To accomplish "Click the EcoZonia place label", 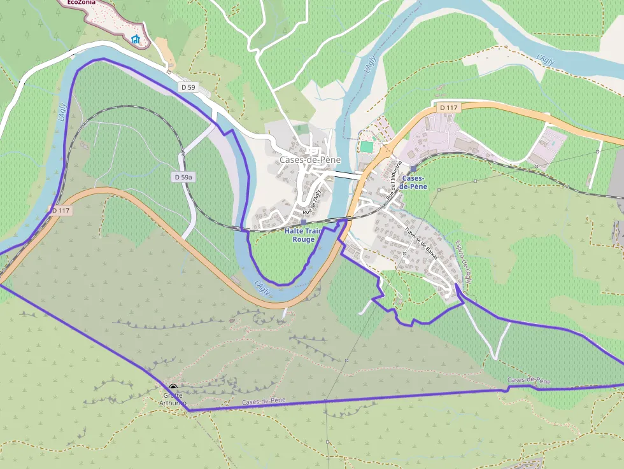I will [82, 3].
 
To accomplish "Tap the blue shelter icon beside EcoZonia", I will [135, 39].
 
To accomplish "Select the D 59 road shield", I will [188, 87].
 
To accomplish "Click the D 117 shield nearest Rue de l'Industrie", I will [449, 108].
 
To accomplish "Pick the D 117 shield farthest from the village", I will [60, 210].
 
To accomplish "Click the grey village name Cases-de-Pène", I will [310, 160].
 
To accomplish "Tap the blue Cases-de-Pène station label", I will [414, 183].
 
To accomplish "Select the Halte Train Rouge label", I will [304, 235].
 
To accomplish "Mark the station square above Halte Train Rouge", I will [303, 222].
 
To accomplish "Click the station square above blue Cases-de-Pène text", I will [413, 169].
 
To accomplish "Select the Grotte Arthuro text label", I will [173, 399].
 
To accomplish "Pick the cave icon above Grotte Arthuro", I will [173, 386].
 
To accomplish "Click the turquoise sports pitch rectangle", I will [366, 146].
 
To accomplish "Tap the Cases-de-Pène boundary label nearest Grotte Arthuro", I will [264, 402].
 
